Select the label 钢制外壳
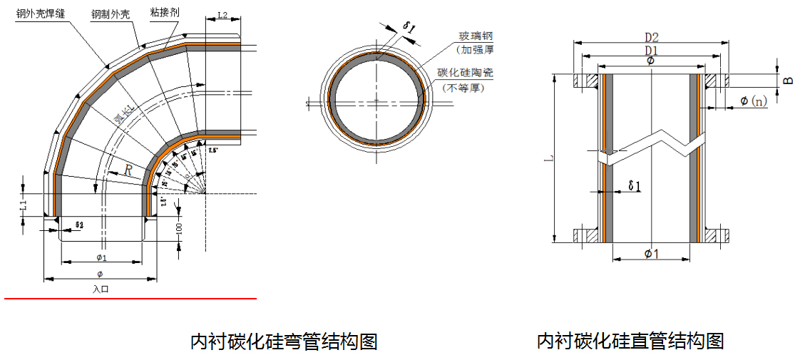111,14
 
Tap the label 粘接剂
165,13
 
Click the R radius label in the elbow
128,170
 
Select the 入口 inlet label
101,289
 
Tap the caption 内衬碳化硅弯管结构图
283,341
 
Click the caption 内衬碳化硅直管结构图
630,341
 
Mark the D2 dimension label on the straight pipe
651,37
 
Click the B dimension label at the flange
788,80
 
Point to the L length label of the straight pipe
548,160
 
